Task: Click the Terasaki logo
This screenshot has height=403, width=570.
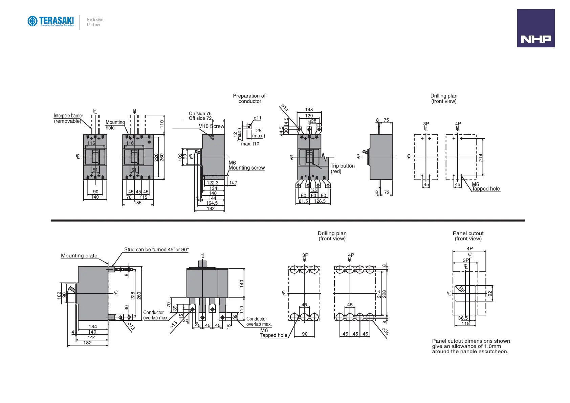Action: [51, 21]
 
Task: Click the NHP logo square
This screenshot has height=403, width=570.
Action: [535, 28]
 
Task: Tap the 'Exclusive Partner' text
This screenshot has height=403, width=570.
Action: [95, 22]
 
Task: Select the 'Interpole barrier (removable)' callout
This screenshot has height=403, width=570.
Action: [68, 118]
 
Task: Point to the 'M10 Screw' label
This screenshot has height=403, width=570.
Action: [211, 126]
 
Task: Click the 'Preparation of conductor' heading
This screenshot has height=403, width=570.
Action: [249, 98]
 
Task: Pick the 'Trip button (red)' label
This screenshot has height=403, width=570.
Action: [343, 169]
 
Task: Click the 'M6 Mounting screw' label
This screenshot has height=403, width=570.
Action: [246, 165]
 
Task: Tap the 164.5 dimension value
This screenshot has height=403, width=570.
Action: [212, 203]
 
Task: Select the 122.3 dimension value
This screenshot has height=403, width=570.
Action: [213, 183]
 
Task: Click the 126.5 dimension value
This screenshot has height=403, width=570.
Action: [320, 201]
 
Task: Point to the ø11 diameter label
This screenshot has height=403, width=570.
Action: [258, 118]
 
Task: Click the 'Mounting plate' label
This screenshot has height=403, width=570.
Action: [79, 256]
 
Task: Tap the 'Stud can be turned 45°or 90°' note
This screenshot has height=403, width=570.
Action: [156, 250]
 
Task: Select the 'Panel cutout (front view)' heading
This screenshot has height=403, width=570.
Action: [468, 236]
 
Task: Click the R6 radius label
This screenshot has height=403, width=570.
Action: [461, 290]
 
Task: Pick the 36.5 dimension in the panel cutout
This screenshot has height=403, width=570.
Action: [463, 318]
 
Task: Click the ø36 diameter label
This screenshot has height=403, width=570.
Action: [386, 331]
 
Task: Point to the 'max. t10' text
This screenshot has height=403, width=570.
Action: [250, 144]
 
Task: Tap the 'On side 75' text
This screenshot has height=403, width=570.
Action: [200, 113]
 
